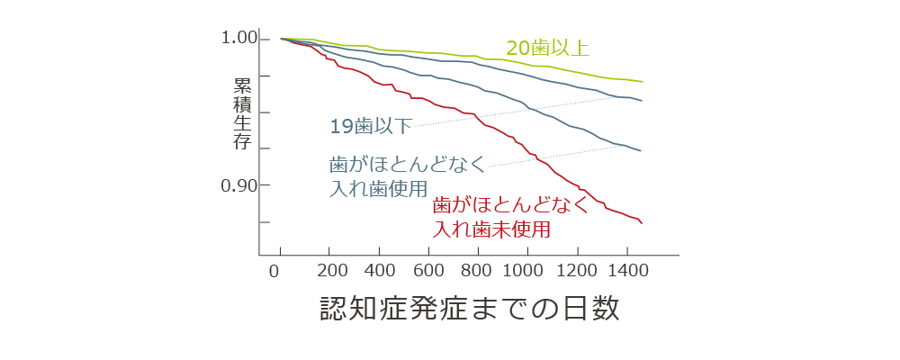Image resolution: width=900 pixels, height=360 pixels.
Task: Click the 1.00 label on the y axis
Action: pos(238,39)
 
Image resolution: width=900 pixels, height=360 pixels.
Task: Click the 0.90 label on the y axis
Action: pos(238,185)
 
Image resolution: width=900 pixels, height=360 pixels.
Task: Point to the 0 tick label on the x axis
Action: pos(275,271)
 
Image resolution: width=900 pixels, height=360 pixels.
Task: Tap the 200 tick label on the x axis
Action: pos(333,271)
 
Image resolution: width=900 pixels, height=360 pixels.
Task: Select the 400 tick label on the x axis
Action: pos(381,271)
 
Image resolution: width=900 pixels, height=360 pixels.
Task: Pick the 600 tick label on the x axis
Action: pos(429,271)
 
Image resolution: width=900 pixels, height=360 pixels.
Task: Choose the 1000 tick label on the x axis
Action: pos(526,271)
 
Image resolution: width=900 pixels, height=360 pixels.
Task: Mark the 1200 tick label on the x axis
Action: pos(576,271)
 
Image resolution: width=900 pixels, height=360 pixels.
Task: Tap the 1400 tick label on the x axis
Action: pos(625,271)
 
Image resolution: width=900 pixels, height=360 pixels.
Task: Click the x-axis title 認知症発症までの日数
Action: pos(471,309)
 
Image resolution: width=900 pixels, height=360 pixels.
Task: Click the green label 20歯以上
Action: pos(547,48)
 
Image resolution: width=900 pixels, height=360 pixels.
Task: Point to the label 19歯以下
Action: pos(370,126)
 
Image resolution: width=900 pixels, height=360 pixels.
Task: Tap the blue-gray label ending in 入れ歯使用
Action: pos(406,176)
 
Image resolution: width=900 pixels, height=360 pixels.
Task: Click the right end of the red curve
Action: pos(641,222)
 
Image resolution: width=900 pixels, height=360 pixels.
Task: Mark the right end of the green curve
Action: pos(642,82)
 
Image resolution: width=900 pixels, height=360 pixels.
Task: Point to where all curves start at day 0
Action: pos(282,39)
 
